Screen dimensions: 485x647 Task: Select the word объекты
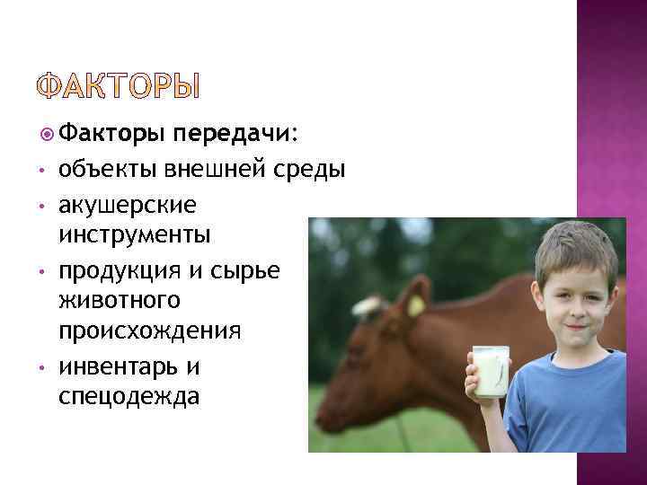point(104,170)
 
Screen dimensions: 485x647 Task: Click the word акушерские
point(125,206)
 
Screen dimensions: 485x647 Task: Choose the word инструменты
point(134,235)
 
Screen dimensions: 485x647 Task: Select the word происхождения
point(149,331)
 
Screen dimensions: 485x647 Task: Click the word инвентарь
point(116,366)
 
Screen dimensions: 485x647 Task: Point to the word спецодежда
point(128,396)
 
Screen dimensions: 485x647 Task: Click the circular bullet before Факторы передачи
point(48,135)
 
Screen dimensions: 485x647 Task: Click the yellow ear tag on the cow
point(416,304)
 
